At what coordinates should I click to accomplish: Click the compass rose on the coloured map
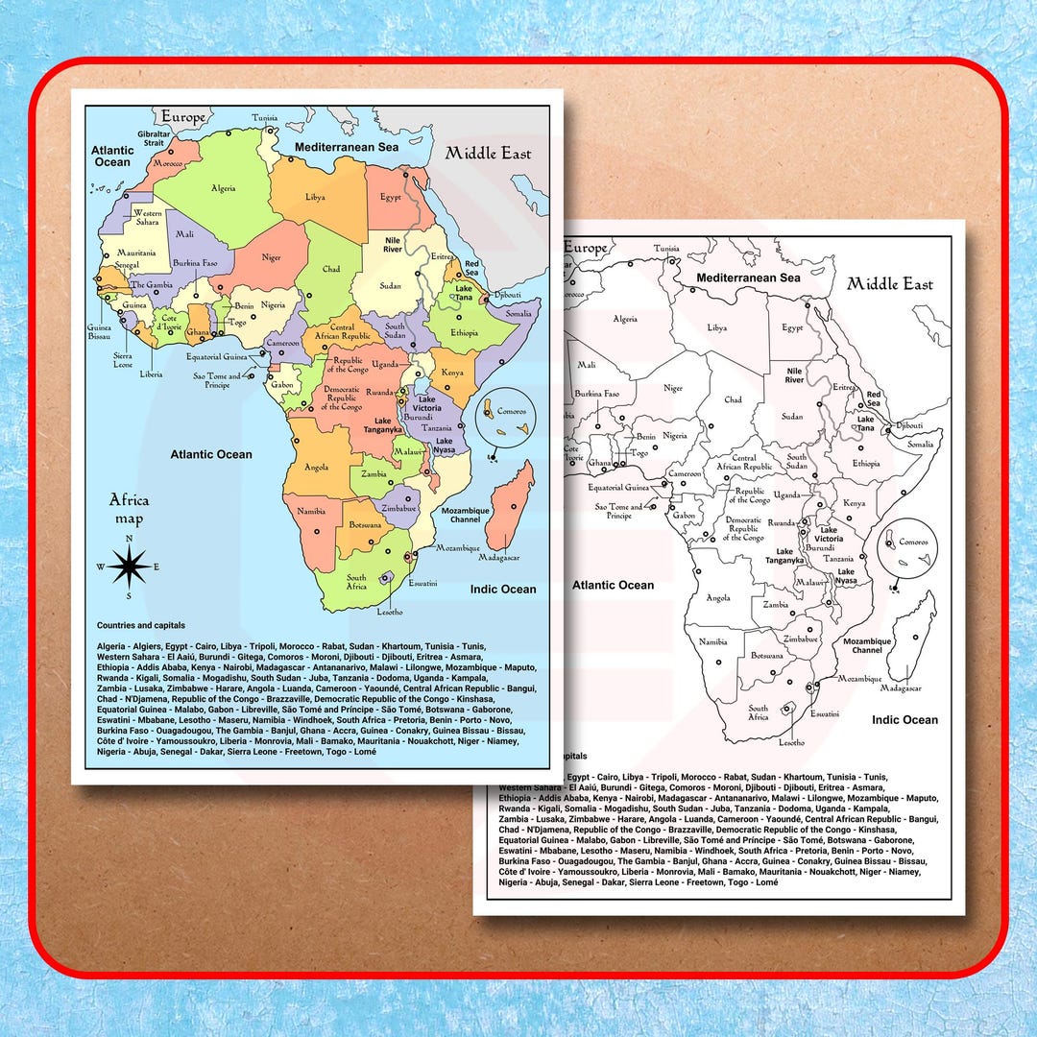(x=127, y=567)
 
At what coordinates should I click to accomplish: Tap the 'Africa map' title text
(x=129, y=509)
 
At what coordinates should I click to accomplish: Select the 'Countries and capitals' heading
(x=140, y=625)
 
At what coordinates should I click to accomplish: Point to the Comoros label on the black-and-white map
(x=912, y=543)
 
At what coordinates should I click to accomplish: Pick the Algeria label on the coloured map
(x=223, y=188)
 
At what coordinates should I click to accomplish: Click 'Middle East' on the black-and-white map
(x=889, y=283)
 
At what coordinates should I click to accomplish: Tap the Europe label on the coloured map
(x=182, y=116)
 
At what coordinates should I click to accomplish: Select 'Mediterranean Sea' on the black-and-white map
(x=748, y=277)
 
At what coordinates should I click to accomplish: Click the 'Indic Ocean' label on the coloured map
(x=503, y=589)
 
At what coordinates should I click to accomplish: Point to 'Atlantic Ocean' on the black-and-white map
(x=613, y=585)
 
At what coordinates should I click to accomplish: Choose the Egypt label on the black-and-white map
(x=792, y=327)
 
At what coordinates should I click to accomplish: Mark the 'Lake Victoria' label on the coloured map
(x=427, y=403)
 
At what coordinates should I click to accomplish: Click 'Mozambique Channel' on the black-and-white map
(x=867, y=645)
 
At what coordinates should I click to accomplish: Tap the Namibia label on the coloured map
(x=311, y=512)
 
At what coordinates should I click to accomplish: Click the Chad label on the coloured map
(x=331, y=270)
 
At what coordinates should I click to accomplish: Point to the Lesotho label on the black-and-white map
(x=792, y=742)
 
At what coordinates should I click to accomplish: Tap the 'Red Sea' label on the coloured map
(x=471, y=268)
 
